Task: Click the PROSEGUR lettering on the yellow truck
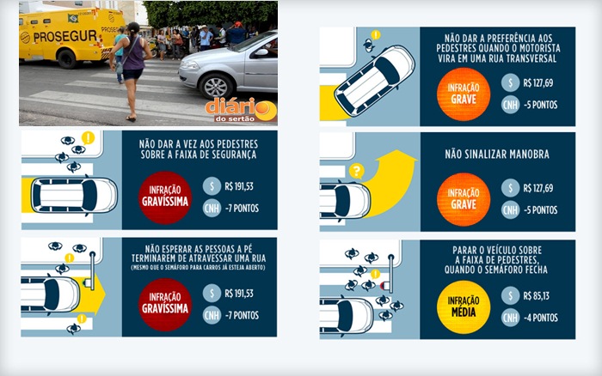point(64,36)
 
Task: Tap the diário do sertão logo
point(241,111)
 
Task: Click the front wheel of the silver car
point(215,87)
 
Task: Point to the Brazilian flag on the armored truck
point(72,18)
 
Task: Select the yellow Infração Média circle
point(464,306)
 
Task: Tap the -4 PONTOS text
point(541,318)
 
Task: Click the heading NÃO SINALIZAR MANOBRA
point(497,154)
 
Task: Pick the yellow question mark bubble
point(357,171)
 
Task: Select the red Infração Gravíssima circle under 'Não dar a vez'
point(165,197)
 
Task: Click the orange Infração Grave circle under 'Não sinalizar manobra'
point(464,199)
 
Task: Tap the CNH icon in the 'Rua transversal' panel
point(510,105)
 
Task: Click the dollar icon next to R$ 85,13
point(510,295)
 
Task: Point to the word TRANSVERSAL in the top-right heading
point(531,58)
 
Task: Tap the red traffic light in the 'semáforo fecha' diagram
point(383,286)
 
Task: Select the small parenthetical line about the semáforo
point(198,268)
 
